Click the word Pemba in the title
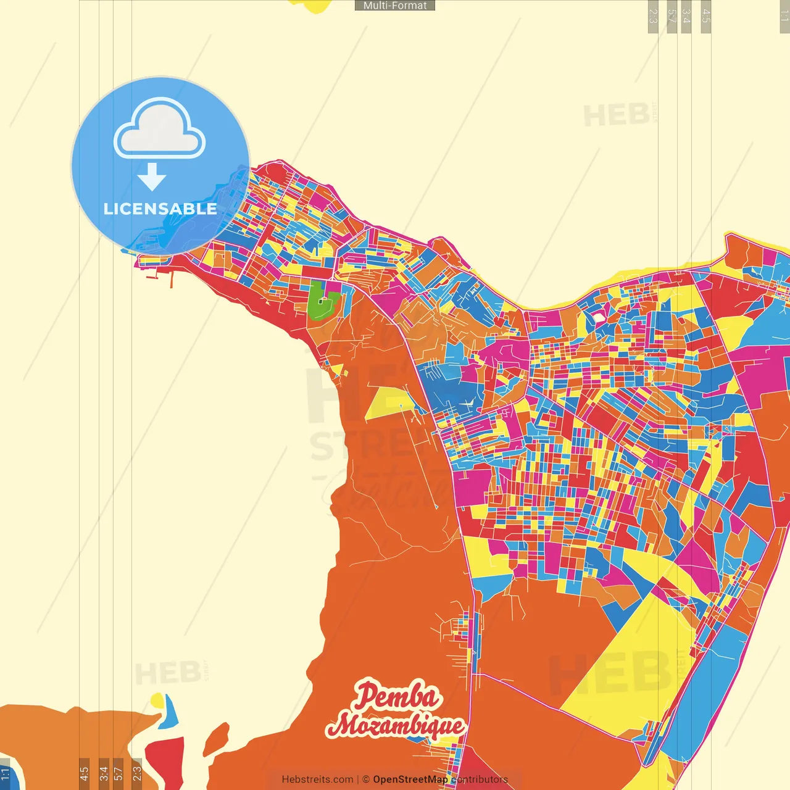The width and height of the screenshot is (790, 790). pos(397,697)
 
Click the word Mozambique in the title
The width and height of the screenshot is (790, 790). pos(396,726)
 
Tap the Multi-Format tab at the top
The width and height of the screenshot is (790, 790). pos(395,6)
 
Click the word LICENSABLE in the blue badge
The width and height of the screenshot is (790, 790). pos(160,209)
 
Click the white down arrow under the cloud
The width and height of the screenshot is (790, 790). pos(152,177)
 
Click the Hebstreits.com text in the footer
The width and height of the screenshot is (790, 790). pos(317,780)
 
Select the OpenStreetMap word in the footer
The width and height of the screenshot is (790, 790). pos(410,780)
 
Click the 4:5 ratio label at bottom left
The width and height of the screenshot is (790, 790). pos(84,773)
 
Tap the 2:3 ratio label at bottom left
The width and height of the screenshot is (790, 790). pos(136,773)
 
